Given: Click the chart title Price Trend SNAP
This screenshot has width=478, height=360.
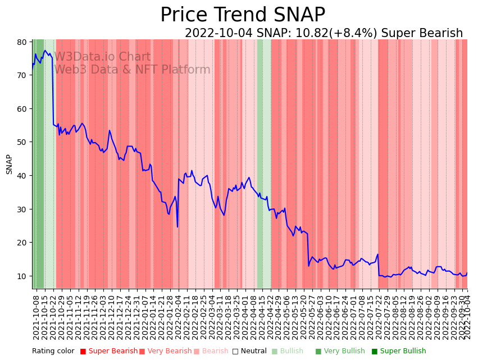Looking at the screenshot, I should pyautogui.click(x=243, y=15).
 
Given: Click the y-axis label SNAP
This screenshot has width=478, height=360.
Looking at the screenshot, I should pyautogui.click(x=10, y=164).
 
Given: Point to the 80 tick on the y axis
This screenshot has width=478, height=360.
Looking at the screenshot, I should pyautogui.click(x=22, y=42).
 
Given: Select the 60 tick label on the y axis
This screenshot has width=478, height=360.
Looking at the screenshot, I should pyautogui.click(x=22, y=109).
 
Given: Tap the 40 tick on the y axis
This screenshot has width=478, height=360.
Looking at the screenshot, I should pyautogui.click(x=22, y=176).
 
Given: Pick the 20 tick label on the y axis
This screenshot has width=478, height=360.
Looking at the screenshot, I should pyautogui.click(x=22, y=243).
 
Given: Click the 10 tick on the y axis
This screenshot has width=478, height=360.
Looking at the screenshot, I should pyautogui.click(x=22, y=276).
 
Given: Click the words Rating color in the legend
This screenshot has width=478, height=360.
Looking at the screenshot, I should pyautogui.click(x=53, y=352).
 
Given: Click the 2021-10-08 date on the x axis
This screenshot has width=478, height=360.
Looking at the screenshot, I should pyautogui.click(x=37, y=317).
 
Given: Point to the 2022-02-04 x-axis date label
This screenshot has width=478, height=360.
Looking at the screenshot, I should pyautogui.click(x=179, y=317).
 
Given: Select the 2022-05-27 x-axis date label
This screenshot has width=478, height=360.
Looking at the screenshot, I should pyautogui.click(x=312, y=317).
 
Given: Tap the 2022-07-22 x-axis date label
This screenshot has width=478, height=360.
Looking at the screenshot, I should pyautogui.click(x=379, y=317).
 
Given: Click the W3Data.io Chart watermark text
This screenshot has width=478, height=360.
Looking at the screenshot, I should pyautogui.click(x=102, y=57).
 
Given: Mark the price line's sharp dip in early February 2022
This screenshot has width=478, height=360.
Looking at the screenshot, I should pyautogui.click(x=177, y=226).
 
